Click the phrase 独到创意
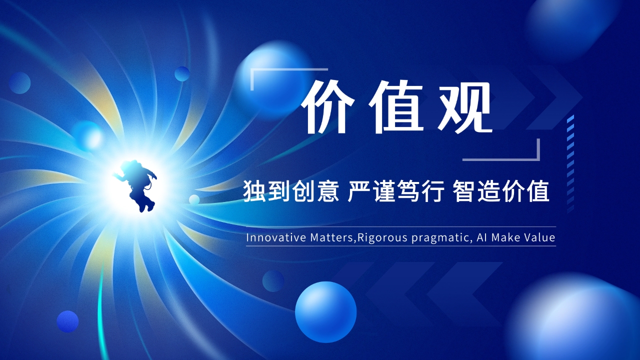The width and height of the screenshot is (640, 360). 291,192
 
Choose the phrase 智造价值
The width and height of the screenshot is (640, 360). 501,192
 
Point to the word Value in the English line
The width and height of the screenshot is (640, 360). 539,237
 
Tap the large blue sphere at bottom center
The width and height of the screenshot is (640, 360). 325,311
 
